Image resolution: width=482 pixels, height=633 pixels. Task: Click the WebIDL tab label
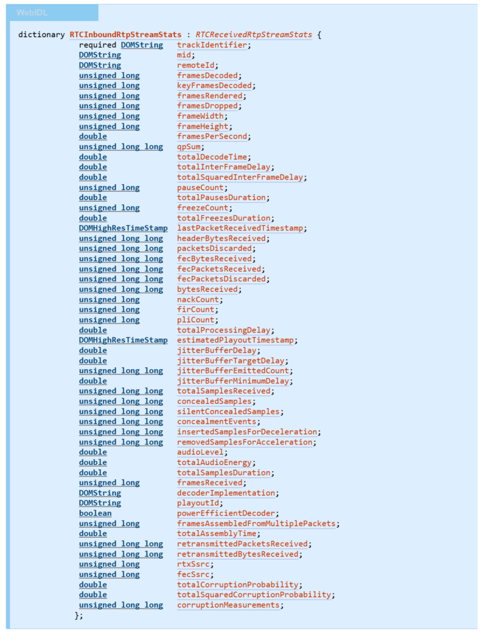click(32, 13)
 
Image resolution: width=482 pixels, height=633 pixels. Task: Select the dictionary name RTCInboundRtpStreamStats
click(125, 35)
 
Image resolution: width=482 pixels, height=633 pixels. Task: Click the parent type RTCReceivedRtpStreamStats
click(254, 35)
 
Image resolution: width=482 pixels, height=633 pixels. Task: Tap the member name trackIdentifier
click(212, 45)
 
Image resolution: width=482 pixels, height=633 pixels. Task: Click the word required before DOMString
click(98, 45)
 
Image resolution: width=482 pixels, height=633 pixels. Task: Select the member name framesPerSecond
click(212, 137)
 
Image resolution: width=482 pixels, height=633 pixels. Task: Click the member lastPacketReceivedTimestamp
click(240, 228)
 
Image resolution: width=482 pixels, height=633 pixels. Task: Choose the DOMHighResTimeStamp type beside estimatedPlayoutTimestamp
click(123, 340)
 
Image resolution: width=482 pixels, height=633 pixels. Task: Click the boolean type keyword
click(95, 513)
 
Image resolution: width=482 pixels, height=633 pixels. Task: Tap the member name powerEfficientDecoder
click(226, 513)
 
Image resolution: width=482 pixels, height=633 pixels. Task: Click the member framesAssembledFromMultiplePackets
click(256, 524)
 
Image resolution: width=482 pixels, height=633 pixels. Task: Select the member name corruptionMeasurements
click(229, 605)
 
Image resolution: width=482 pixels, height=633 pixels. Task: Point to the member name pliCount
click(196, 320)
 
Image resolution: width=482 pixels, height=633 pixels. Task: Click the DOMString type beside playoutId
click(100, 503)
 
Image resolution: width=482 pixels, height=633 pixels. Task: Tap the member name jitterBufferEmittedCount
click(233, 371)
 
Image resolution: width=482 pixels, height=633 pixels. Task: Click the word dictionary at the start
click(41, 35)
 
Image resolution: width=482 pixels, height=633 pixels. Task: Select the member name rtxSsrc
click(193, 564)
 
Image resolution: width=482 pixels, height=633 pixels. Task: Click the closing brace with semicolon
click(79, 615)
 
